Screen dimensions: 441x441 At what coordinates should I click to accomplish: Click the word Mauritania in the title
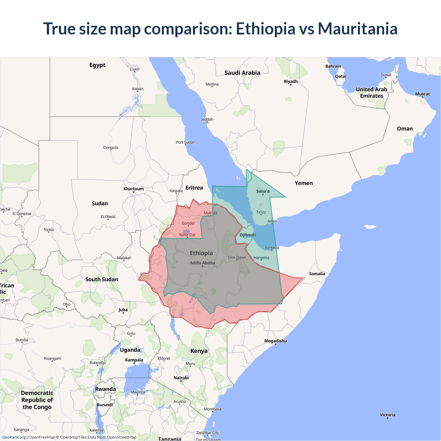point(358,29)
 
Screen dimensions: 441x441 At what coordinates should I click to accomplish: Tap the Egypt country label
point(97,65)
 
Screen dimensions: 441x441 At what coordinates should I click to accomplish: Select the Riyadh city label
point(290,82)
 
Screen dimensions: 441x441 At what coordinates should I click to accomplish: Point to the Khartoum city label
point(134,189)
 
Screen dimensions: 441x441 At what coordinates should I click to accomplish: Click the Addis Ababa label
point(202,263)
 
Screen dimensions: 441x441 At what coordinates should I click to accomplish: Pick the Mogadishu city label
point(275,341)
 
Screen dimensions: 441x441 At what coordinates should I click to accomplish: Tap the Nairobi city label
point(181,378)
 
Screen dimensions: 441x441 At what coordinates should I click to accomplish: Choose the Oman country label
point(404,129)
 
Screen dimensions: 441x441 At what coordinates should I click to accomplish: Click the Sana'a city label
point(263,191)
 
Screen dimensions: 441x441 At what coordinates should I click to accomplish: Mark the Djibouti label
point(248,235)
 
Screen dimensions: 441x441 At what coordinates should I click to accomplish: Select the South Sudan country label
point(102,279)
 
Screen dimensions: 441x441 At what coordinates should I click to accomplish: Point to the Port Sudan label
point(185,142)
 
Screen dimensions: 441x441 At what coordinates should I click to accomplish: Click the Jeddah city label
point(207,120)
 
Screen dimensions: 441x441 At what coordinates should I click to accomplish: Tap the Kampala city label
point(134,360)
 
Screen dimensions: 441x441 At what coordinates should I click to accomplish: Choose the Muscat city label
point(422,94)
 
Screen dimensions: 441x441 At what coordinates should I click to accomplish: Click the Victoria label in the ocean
point(388,415)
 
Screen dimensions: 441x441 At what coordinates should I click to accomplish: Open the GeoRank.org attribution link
point(14,437)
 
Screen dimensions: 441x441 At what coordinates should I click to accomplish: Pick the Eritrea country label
point(194,188)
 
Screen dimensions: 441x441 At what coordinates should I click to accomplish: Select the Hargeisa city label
point(261,258)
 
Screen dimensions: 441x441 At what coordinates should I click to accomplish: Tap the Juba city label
point(123,310)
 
